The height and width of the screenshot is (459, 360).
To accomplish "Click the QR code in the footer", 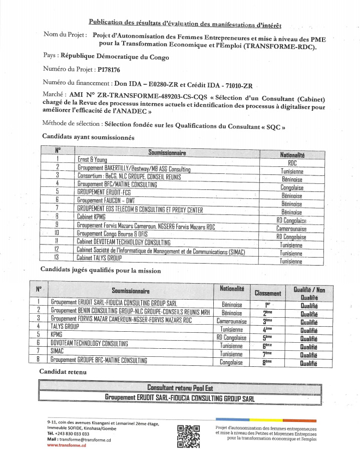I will [189, 436].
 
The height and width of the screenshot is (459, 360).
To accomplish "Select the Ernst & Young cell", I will [93, 159].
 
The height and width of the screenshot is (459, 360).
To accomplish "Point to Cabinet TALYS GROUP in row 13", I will [99, 258].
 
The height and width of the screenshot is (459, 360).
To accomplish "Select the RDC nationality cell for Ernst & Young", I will [292, 163].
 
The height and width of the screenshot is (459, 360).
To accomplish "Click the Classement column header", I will [268, 293].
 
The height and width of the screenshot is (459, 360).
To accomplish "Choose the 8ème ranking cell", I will [268, 362].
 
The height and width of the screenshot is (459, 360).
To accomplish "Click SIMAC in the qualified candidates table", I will [58, 352].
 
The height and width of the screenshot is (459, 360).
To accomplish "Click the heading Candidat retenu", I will [63, 372].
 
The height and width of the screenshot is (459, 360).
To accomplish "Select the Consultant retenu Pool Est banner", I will [180, 387].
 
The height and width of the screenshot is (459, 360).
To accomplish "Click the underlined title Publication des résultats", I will [185, 23].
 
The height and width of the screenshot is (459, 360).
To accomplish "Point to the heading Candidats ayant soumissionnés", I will [88, 137].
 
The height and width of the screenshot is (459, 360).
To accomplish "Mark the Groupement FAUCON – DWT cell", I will [106, 200].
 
